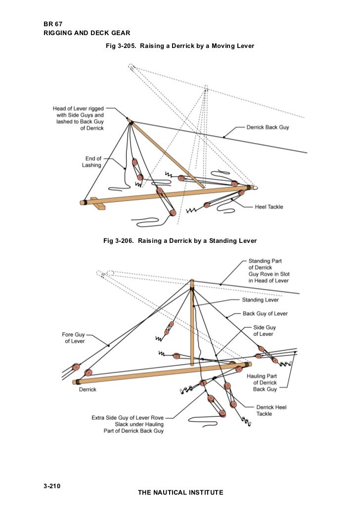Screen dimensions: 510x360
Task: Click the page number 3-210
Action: (52, 486)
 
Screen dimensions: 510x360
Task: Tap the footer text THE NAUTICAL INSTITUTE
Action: (180, 492)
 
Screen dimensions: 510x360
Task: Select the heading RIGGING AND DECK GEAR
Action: (87, 33)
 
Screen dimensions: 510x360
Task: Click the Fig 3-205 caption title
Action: (180, 46)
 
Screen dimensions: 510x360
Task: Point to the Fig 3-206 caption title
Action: (180, 241)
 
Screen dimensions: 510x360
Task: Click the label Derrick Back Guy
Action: (268, 127)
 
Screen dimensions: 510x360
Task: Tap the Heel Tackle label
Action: (269, 207)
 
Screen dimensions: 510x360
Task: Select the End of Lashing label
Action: (91, 162)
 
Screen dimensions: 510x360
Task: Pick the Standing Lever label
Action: (260, 300)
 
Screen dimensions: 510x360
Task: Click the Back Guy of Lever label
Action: (265, 314)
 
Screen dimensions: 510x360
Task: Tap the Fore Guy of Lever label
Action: (73, 337)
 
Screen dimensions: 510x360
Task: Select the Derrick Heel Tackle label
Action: (271, 410)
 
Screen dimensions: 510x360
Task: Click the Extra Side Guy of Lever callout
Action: (127, 424)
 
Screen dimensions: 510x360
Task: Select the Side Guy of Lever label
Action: (265, 330)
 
